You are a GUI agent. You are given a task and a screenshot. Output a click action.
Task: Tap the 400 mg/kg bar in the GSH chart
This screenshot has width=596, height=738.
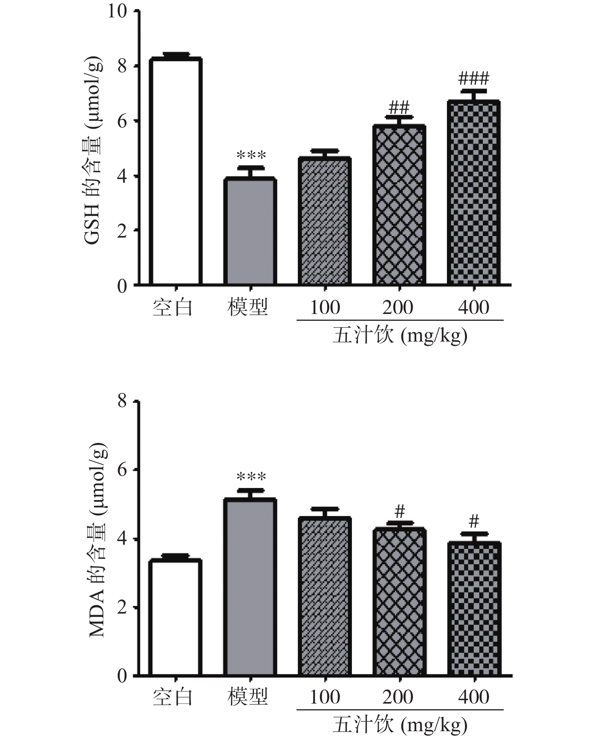pos(474,193)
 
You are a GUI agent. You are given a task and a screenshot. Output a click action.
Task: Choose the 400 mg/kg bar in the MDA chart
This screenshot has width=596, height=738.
pos(474,609)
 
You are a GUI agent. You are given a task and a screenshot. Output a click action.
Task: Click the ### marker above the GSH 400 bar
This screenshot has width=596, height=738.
pos(474,79)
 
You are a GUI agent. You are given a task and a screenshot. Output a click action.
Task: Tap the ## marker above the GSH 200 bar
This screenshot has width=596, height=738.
pos(399,107)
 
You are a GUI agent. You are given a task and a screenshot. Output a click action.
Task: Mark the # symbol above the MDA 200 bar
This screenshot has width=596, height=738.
pos(400,512)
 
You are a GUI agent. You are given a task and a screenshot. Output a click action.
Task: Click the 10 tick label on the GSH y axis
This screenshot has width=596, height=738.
pos(117,12)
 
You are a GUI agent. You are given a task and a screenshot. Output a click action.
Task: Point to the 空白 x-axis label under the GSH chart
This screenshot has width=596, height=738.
pos(173,308)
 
